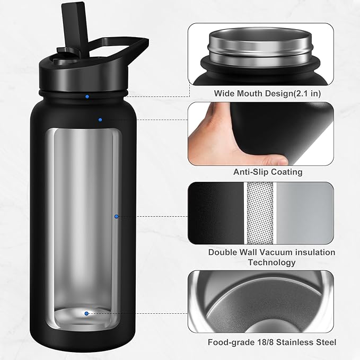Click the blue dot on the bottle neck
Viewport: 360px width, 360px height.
(87, 96)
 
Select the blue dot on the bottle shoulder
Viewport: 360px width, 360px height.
(100, 119)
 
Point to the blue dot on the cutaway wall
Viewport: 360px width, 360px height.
(117, 216)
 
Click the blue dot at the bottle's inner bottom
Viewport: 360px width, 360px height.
(87, 313)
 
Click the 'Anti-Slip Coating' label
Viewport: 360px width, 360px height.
(268, 172)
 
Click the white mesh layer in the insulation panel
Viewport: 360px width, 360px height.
(260, 211)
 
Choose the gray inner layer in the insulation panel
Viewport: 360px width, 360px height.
(305, 211)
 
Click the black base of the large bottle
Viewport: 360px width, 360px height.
(85, 334)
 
